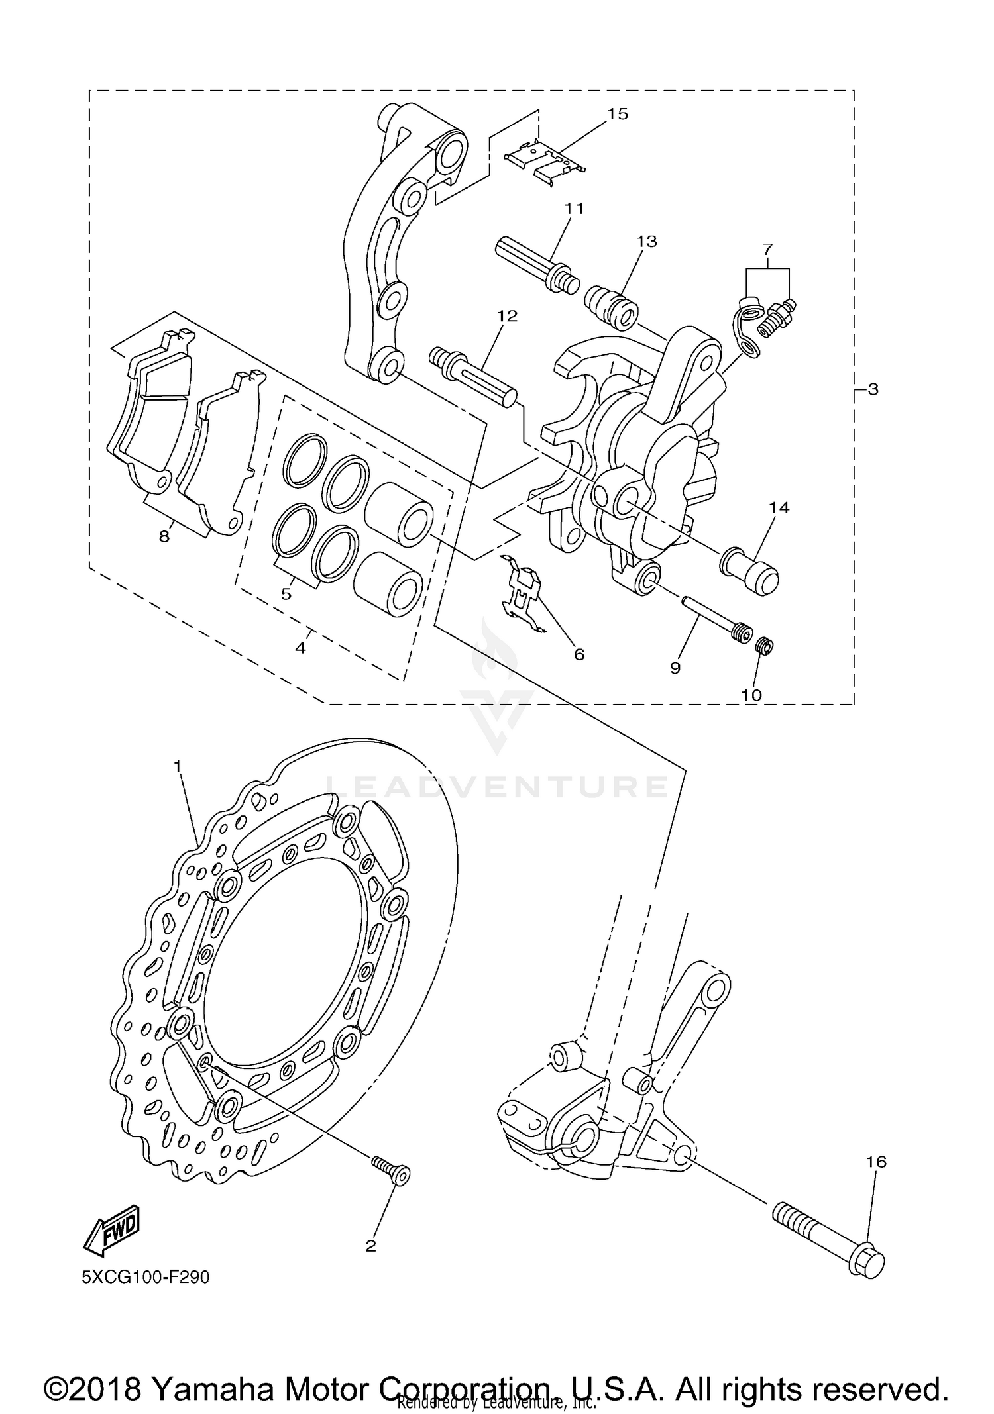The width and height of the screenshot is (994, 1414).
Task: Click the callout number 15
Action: [x=617, y=114]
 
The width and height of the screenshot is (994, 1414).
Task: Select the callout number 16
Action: [x=876, y=1162]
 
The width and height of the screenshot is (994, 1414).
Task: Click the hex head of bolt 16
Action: [x=866, y=1262]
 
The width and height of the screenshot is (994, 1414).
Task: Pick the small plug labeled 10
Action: [x=765, y=644]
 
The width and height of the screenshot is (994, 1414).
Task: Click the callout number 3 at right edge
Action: [x=873, y=390]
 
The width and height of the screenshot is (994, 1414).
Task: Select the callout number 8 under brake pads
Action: [x=164, y=536]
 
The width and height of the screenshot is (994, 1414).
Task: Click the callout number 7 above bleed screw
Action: [x=767, y=250]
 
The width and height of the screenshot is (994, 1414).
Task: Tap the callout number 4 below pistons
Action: [x=300, y=648]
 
